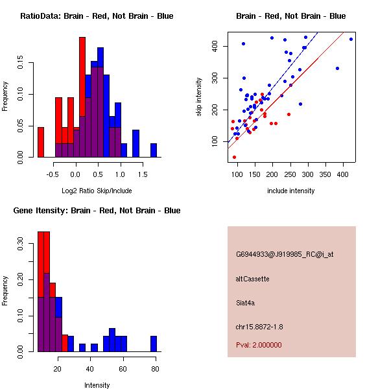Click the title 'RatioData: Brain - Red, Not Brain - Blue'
point(96,16)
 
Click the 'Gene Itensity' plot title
point(96,211)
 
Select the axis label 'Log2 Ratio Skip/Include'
point(96,191)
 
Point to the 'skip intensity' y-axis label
point(200,97)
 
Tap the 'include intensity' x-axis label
point(290,191)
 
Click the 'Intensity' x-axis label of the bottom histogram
point(97,385)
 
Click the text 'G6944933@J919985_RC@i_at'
point(285,255)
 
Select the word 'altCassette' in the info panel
point(253,279)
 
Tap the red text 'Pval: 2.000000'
point(259,345)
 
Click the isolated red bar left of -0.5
point(41,142)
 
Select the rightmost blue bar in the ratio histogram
point(154,150)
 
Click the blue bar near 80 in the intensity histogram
point(154,344)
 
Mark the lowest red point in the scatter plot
point(234,157)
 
